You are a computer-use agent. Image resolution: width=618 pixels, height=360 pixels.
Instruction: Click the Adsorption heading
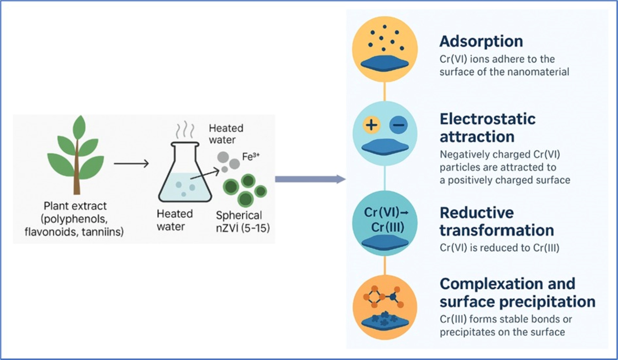point(481,41)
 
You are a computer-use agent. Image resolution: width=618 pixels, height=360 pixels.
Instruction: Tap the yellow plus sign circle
point(371,125)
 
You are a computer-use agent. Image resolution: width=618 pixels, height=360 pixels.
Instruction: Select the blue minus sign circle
point(398,125)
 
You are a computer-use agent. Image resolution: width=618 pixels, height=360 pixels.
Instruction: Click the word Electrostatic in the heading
point(487,119)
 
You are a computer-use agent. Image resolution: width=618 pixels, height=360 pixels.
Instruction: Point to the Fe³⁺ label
point(251,156)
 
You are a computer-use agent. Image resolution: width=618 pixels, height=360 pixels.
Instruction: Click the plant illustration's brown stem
point(77,176)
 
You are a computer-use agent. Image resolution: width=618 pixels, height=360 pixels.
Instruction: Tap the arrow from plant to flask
point(131,163)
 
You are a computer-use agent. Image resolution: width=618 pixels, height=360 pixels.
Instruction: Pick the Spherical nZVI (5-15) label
point(243,221)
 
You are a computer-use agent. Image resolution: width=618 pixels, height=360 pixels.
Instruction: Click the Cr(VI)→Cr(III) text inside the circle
point(385,220)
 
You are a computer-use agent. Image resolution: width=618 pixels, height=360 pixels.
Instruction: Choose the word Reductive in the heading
point(476,213)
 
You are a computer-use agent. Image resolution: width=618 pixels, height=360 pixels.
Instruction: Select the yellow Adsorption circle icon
point(385,49)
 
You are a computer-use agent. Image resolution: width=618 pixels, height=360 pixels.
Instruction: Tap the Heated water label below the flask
point(174,220)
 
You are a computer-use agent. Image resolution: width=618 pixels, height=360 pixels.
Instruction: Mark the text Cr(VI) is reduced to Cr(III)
point(499,248)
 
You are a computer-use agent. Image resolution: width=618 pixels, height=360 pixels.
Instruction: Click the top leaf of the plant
point(79,127)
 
